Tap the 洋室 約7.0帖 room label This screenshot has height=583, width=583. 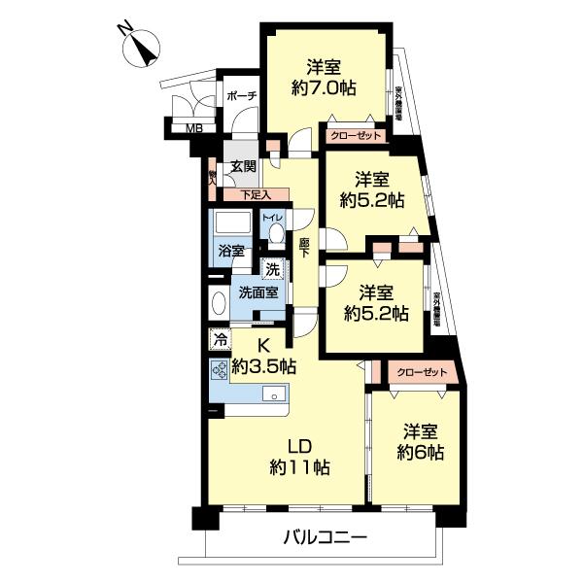(x=324, y=77)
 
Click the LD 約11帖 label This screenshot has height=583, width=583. (x=298, y=456)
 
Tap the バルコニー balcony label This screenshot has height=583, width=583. (x=326, y=536)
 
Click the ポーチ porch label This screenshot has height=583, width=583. (x=240, y=96)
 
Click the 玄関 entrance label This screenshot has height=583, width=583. (x=243, y=167)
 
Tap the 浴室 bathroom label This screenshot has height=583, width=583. (x=230, y=249)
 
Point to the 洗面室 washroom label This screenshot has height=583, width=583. (x=257, y=292)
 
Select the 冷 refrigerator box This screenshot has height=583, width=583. (x=220, y=340)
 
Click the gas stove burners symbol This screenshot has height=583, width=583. (x=219, y=371)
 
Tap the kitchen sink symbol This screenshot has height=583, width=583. (x=273, y=394)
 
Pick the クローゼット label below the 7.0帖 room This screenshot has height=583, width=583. (x=355, y=136)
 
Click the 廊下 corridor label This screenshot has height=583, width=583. (x=304, y=248)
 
